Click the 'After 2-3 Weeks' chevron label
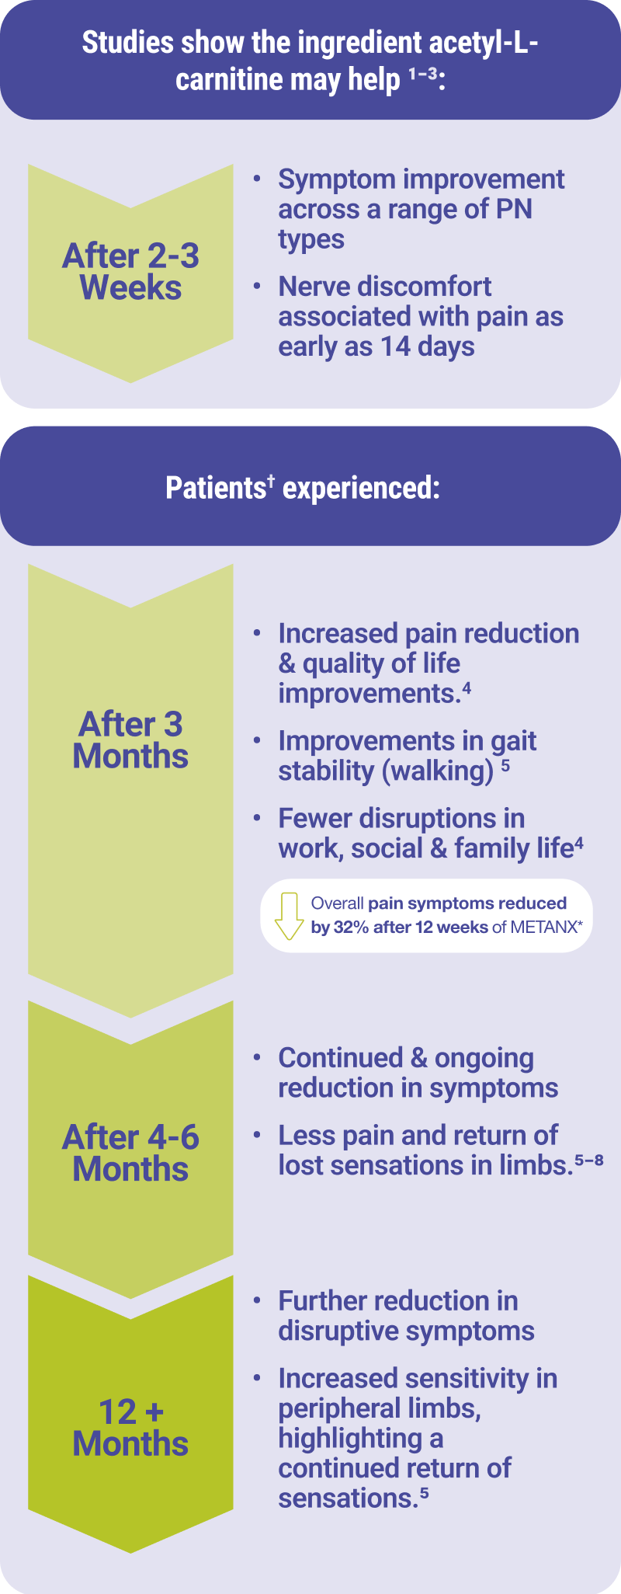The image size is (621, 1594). (x=130, y=272)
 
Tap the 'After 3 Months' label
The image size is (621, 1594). (x=130, y=740)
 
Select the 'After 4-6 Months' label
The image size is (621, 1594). (x=130, y=1154)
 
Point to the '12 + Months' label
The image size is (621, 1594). (x=130, y=1428)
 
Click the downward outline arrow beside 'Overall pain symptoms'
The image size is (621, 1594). (x=289, y=916)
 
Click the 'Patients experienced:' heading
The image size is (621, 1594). (x=303, y=488)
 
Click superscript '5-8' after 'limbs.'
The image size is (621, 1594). (x=589, y=1161)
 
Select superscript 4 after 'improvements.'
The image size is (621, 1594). (x=467, y=687)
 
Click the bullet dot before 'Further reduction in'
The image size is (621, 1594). (x=257, y=1300)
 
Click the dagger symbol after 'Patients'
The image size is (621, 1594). (x=272, y=481)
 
